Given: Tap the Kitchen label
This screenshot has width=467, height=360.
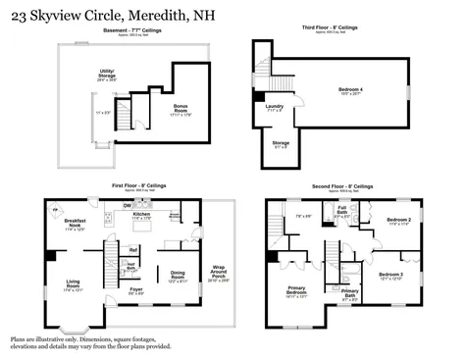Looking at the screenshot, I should click(141, 214).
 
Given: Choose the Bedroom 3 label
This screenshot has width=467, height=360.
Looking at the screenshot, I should click(390, 276).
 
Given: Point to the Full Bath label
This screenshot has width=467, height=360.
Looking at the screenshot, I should click(342, 211).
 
